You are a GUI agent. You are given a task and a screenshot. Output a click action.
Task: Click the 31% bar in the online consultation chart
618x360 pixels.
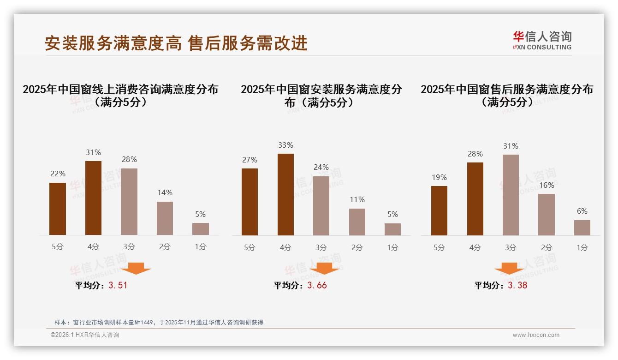click(x=93, y=198)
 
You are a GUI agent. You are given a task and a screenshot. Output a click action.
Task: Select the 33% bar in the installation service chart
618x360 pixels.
click(x=285, y=194)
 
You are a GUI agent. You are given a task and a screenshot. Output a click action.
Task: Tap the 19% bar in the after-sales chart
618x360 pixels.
click(x=439, y=210)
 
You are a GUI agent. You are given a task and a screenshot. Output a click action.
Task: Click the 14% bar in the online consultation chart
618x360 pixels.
click(x=165, y=218)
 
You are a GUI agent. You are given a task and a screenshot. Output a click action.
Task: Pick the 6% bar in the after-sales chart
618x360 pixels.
click(x=582, y=228)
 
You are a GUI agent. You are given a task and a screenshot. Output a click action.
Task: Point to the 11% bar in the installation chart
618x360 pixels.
click(x=357, y=222)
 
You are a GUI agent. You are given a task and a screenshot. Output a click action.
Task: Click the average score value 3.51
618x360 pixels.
click(x=118, y=285)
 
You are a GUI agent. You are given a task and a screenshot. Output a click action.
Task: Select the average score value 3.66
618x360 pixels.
click(x=317, y=285)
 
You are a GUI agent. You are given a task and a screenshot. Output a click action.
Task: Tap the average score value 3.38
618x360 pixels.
click(x=517, y=285)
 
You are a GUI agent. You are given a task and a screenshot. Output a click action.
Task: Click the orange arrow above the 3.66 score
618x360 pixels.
click(x=324, y=268)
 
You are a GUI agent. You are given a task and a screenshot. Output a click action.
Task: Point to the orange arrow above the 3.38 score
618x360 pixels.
click(x=509, y=268)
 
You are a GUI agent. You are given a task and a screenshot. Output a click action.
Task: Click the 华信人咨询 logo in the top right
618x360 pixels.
click(x=542, y=40)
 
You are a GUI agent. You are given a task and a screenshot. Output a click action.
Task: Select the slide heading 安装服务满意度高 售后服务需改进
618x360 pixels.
click(x=176, y=43)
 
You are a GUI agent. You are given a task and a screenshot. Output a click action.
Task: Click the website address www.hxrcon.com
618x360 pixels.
click(x=536, y=335)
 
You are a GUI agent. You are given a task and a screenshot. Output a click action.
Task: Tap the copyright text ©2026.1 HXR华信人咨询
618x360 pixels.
click(x=85, y=335)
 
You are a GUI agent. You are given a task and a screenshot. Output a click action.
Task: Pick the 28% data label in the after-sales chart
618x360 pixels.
click(x=475, y=154)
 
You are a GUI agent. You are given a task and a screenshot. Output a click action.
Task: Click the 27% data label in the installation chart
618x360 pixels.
click(x=250, y=160)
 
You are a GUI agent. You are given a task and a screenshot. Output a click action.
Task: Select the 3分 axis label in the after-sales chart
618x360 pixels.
click(x=511, y=247)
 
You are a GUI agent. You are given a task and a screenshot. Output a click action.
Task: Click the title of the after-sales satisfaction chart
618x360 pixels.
click(x=506, y=95)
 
